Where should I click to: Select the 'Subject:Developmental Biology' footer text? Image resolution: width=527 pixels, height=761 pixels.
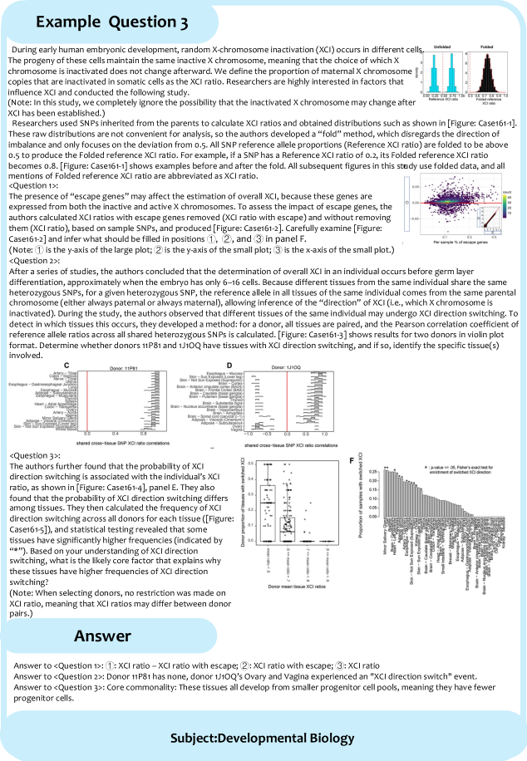(x=263, y=738)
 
